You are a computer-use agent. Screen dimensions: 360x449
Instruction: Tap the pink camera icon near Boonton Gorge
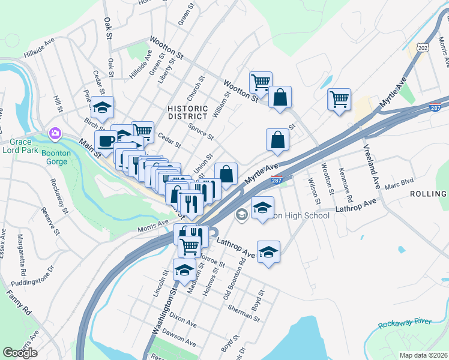55,132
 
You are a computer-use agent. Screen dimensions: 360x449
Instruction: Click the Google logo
20,352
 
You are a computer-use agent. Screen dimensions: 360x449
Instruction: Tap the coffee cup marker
106,141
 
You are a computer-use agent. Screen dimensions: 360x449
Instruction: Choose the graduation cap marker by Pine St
102,108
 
